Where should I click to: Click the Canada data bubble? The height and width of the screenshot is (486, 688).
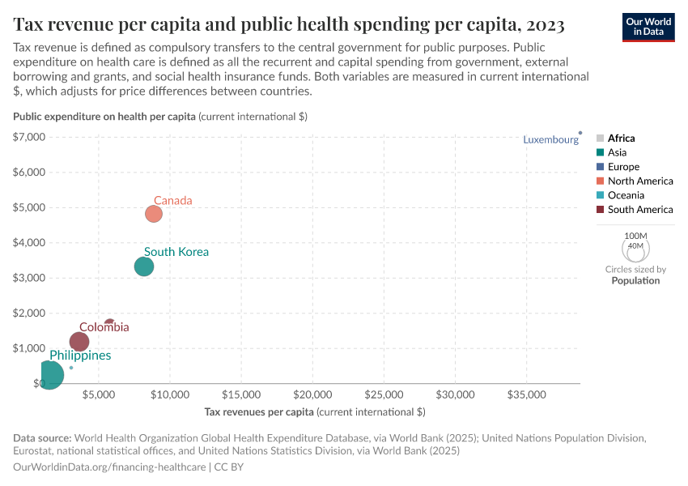tap(154, 214)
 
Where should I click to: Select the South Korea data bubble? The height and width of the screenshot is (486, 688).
tap(144, 266)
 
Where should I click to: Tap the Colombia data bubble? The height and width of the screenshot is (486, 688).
tap(79, 342)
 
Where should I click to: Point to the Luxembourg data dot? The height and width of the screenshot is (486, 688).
tap(580, 132)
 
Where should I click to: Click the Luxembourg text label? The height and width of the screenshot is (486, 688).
tap(550, 139)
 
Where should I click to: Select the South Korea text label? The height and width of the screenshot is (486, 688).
tap(176, 252)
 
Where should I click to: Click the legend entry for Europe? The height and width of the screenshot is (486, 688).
tap(623, 167)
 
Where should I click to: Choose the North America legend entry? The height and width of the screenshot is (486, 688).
tap(639, 181)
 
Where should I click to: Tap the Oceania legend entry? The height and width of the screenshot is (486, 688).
tap(626, 195)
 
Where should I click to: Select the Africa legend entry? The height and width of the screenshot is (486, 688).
tap(621, 139)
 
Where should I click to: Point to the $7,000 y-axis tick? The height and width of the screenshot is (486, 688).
tap(29, 137)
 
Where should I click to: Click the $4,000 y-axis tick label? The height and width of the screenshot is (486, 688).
tap(29, 242)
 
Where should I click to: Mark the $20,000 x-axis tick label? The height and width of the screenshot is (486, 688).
tap(312, 395)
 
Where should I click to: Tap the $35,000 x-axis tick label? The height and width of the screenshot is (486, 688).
tap(526, 395)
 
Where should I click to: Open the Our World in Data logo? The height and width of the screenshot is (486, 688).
tap(648, 26)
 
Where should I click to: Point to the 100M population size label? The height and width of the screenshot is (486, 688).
tap(635, 236)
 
